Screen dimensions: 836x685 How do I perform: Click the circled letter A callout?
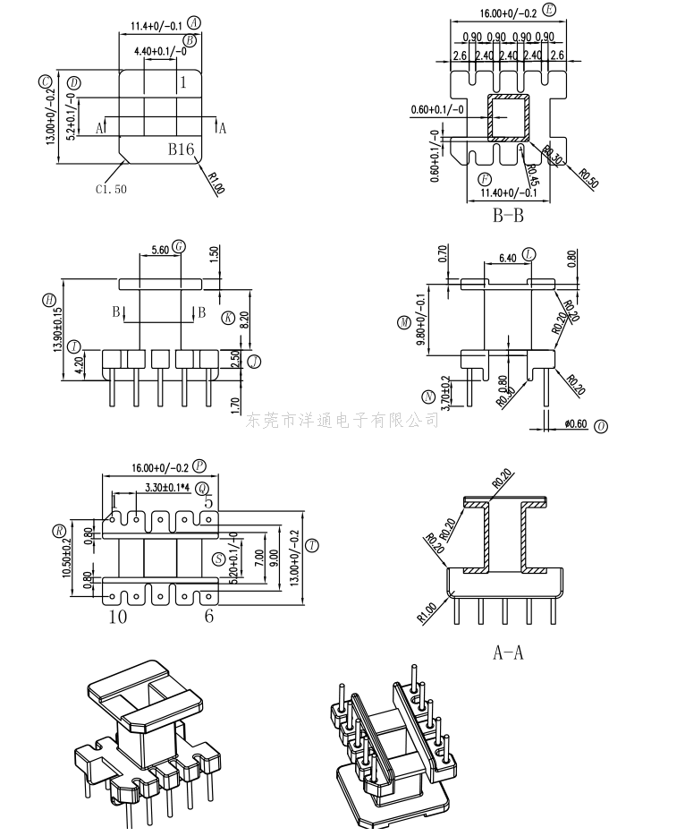[195, 22]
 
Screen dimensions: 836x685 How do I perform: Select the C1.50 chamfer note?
[112, 189]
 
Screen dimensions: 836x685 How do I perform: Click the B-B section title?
[508, 215]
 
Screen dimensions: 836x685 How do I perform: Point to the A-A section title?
[508, 653]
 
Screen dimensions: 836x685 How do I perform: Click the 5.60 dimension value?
[161, 250]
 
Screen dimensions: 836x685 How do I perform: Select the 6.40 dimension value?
[505, 259]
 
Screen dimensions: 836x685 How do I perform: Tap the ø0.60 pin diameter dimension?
[575, 424]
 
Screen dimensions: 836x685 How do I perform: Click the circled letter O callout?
[600, 426]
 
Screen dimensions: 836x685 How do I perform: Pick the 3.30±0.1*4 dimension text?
[170, 488]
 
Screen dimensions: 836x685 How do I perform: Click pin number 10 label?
[117, 616]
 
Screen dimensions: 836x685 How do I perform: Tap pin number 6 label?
[208, 616]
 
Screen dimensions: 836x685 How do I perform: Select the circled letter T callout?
[311, 545]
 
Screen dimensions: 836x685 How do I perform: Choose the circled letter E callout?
[548, 10]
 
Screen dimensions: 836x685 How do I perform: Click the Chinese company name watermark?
[342, 420]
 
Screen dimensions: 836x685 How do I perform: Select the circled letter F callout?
[484, 179]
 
